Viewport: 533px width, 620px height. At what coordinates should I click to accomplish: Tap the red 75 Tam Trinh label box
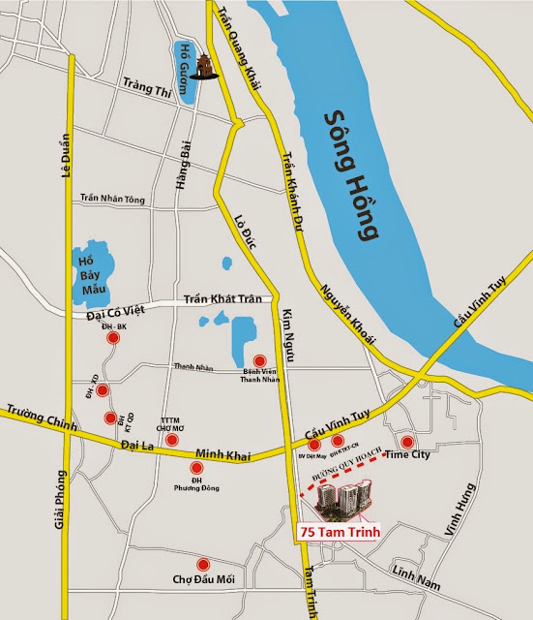pyautogui.click(x=341, y=532)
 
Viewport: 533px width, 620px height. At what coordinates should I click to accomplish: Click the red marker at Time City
pyautogui.click(x=406, y=442)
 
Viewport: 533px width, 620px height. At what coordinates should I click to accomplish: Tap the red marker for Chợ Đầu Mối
pyautogui.click(x=202, y=565)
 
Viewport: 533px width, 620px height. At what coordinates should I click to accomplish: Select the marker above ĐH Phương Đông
pyautogui.click(x=197, y=468)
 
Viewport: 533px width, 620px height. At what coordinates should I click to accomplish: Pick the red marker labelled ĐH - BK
pyautogui.click(x=114, y=339)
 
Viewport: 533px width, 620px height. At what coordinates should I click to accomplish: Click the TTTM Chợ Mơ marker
pyautogui.click(x=171, y=441)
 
